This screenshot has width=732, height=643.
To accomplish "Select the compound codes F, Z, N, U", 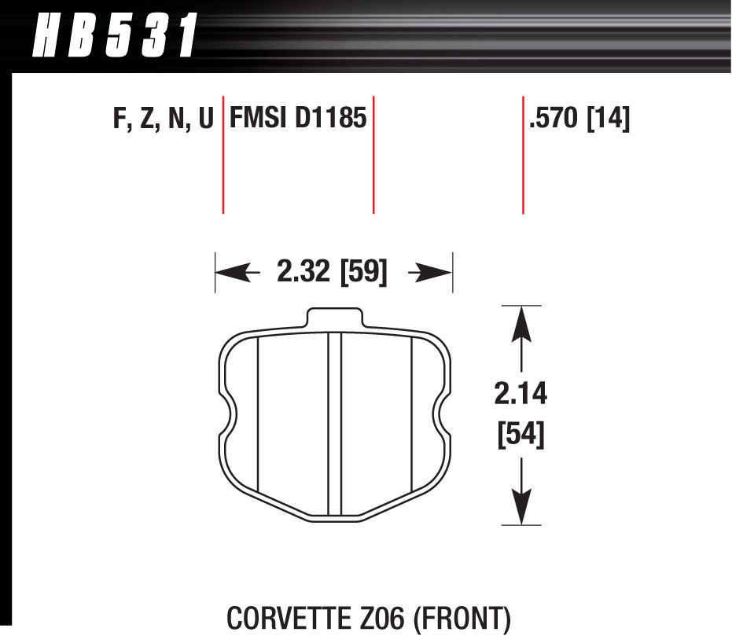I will (163, 119).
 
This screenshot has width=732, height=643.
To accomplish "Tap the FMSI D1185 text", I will (298, 119).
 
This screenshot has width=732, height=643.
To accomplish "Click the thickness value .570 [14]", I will (580, 119).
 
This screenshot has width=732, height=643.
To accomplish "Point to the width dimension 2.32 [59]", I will (332, 272).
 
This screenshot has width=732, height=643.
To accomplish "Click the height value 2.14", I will (520, 394).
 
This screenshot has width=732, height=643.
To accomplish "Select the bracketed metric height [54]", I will (520, 434).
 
